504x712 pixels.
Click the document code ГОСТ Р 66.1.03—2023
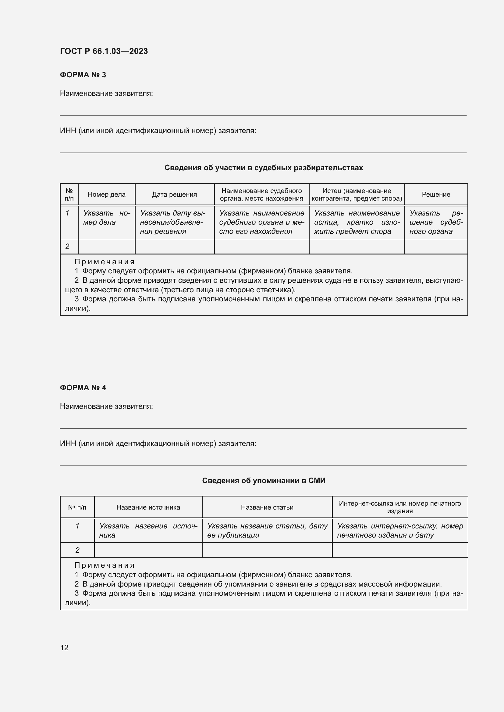104,51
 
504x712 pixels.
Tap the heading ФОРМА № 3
83,75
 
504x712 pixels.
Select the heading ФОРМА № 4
83,388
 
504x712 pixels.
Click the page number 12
64,647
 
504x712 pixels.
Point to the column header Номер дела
106,195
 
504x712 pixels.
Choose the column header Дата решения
174,195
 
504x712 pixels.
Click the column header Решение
436,195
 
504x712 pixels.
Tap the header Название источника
148,507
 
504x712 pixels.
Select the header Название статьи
267,507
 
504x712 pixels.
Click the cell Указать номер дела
106,218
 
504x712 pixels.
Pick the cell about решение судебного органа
436,222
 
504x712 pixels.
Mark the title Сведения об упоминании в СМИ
264,481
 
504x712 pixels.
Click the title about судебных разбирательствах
264,168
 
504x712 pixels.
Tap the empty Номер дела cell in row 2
106,247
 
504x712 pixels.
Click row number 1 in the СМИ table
77,526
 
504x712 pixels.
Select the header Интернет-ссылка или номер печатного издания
400,507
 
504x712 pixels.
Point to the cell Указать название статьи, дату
267,530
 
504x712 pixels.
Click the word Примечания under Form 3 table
104,262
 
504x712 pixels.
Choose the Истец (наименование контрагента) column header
357,195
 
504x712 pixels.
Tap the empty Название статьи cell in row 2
267,550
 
